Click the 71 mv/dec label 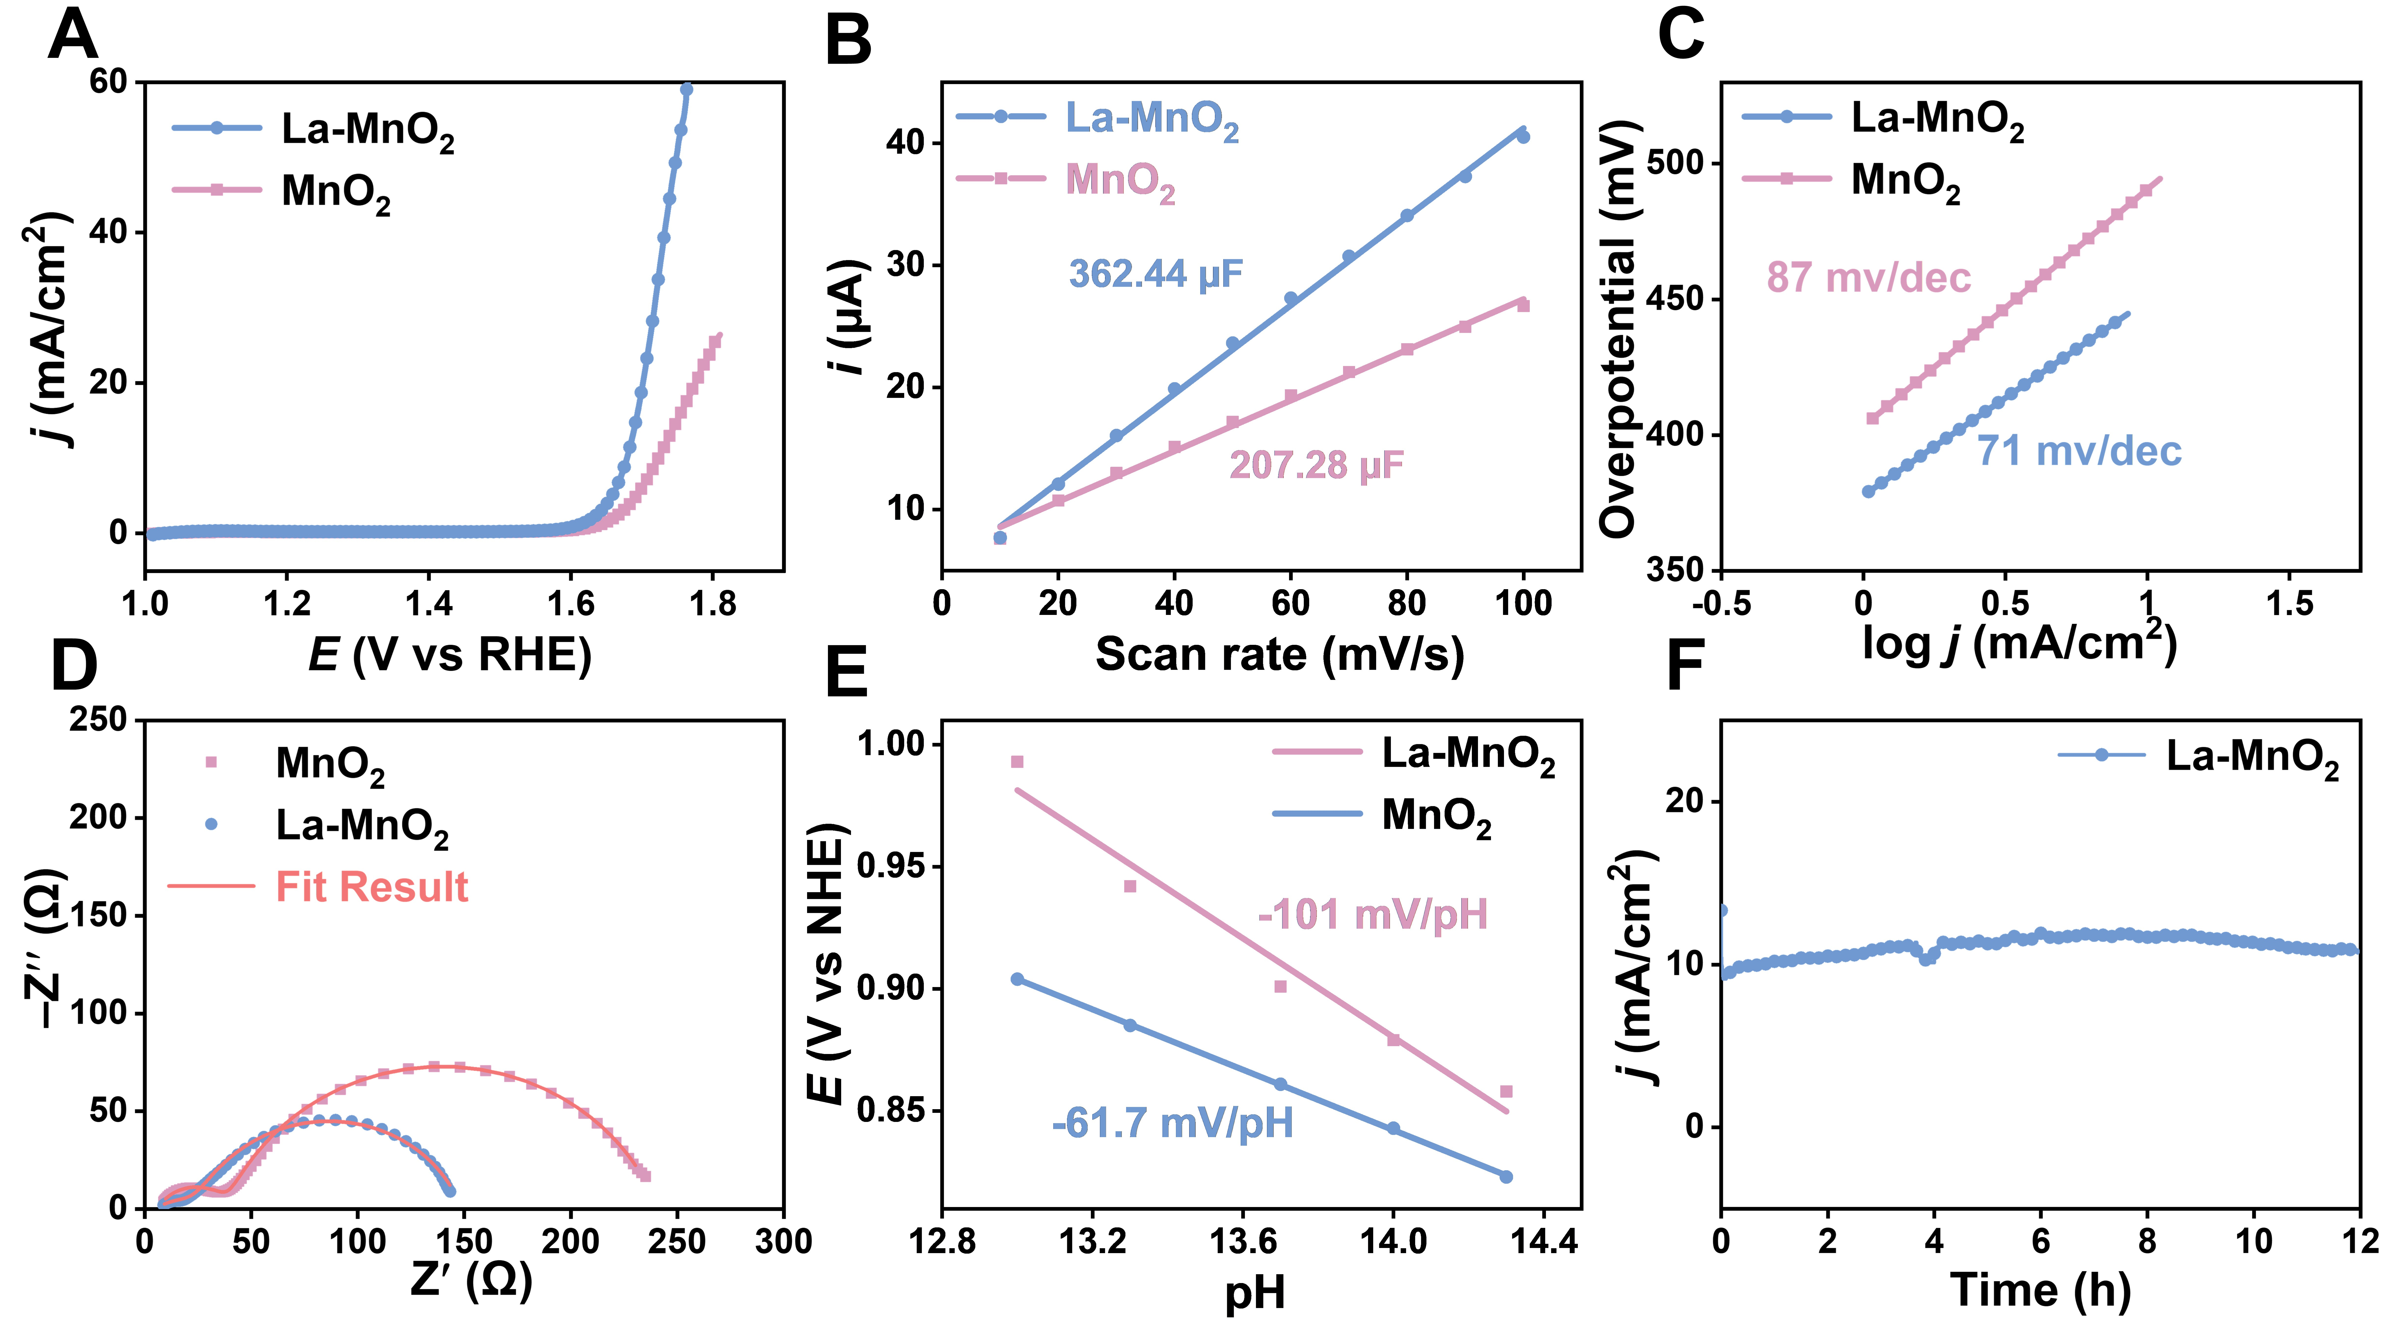(x=2079, y=452)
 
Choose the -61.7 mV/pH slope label (x=1173, y=1123)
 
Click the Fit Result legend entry (x=372, y=887)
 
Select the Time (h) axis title (x=2041, y=1291)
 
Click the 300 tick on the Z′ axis (x=783, y=1241)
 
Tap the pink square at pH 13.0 (x=1017, y=762)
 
